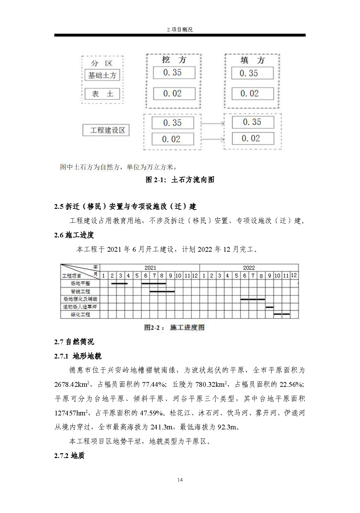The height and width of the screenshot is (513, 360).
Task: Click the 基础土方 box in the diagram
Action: tap(102, 75)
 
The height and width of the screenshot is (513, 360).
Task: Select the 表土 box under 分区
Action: tap(102, 94)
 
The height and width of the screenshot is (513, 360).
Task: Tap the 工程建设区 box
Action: tap(106, 130)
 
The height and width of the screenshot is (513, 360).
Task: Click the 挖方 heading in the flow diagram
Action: tap(174, 60)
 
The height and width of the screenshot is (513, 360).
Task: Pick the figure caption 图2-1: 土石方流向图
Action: tap(180, 180)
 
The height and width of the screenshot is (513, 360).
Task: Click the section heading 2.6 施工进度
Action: tap(74, 235)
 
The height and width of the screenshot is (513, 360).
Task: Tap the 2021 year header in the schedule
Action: tap(150, 268)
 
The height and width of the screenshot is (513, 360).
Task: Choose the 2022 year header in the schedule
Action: tap(249, 268)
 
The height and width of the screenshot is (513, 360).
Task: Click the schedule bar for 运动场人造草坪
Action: tap(269, 307)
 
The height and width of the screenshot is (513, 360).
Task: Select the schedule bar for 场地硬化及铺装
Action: tap(253, 299)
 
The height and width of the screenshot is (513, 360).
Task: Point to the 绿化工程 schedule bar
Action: tap(282, 314)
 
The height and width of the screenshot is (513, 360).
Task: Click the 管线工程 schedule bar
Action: tap(162, 291)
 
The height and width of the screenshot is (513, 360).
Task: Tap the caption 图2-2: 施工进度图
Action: tap(174, 327)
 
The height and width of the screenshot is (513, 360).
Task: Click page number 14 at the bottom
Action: tap(180, 480)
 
